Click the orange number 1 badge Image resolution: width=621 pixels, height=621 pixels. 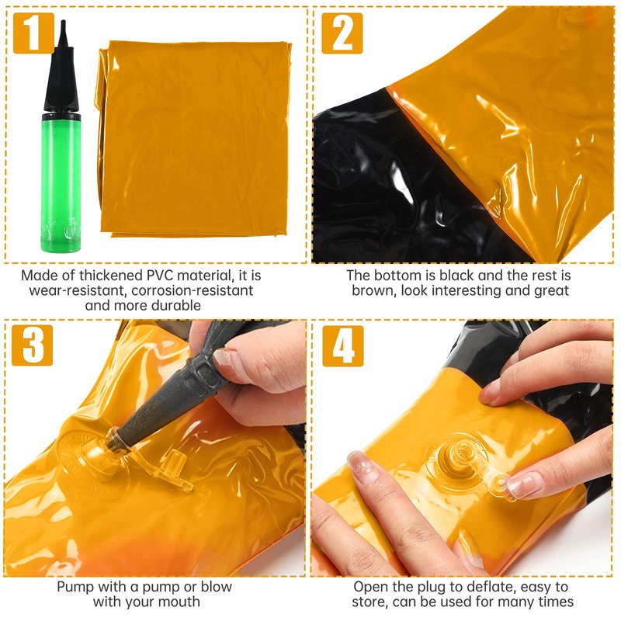pos(33,33)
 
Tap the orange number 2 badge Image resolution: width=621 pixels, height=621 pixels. pos(342,33)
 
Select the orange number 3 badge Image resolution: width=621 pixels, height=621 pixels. pos(32,345)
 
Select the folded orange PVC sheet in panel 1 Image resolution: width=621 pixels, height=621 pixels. pos(194,139)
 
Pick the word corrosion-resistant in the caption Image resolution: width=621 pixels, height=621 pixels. pos(192,290)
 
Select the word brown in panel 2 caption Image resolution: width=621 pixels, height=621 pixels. pos(374,290)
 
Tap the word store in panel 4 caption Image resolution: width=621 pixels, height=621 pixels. pos(369,602)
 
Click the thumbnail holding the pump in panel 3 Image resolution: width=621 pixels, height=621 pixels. pos(229,359)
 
